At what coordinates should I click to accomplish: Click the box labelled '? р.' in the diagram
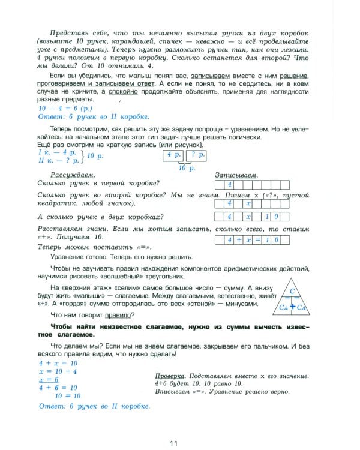197,155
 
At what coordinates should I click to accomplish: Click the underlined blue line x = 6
48,379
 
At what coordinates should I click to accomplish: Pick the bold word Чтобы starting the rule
65,326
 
